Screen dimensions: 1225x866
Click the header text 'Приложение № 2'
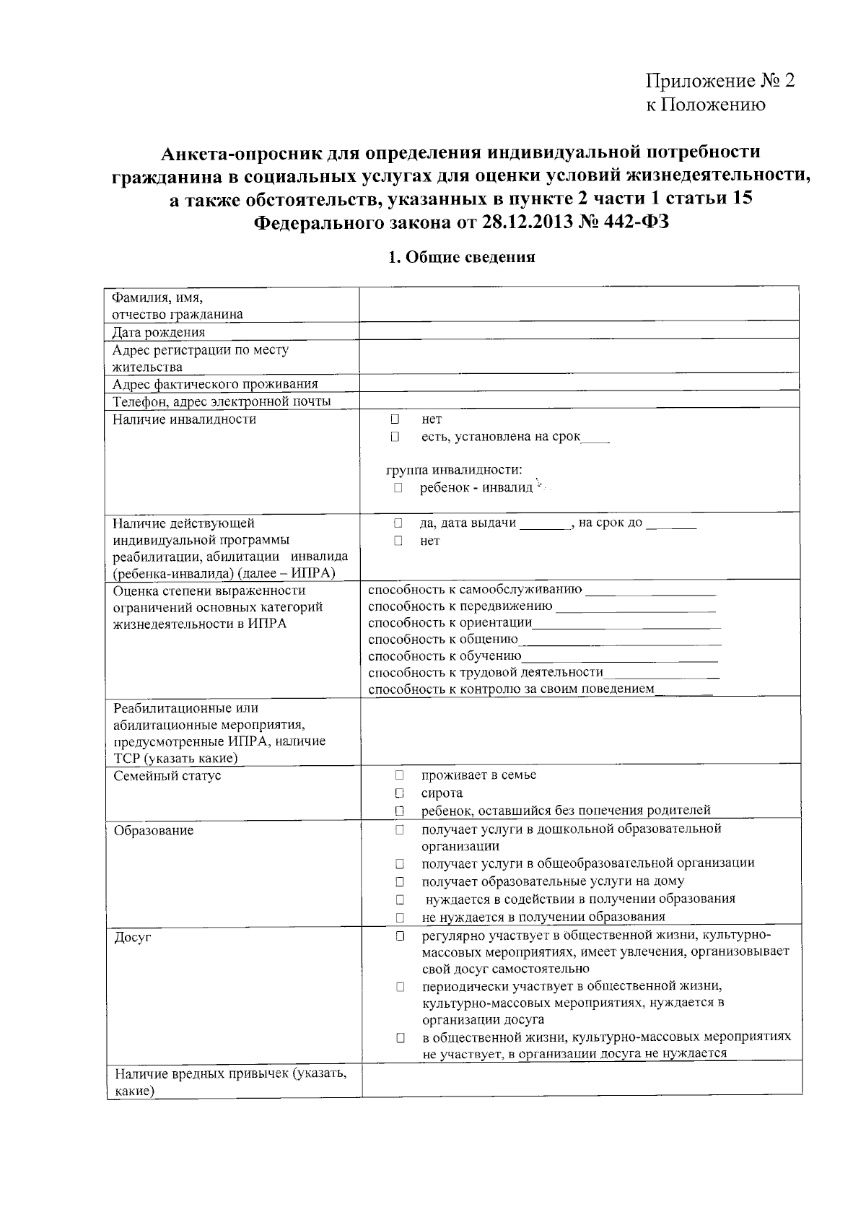tap(720, 80)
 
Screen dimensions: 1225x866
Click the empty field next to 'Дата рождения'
tap(579, 331)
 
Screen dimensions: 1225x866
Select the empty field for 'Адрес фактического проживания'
tap(579, 383)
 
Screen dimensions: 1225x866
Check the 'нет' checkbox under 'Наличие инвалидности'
tap(395, 419)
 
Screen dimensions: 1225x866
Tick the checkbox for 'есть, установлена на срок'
tap(395, 437)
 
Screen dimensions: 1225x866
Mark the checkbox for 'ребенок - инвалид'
tap(398, 488)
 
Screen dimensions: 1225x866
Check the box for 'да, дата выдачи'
tap(398, 523)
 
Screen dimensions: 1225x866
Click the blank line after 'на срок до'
tap(671, 524)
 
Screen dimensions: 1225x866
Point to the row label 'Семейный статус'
tap(167, 775)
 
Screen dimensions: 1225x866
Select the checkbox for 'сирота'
tap(398, 793)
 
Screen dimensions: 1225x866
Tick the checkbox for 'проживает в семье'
tap(398, 775)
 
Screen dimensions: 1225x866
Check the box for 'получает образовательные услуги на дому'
tap(398, 881)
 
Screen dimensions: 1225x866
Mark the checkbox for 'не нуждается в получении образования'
tap(398, 917)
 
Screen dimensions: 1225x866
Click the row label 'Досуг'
tap(133, 938)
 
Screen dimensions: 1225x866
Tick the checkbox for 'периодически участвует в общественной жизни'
tap(398, 987)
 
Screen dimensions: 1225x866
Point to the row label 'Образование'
tap(154, 830)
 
